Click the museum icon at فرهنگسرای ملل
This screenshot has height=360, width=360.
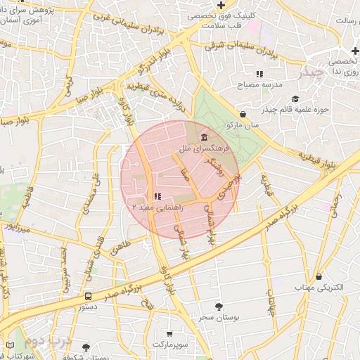[x=204, y=136]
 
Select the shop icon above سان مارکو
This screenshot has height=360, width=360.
[x=243, y=114]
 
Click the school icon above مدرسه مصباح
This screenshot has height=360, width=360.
[x=259, y=73]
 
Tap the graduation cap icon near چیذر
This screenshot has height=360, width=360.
[x=295, y=99]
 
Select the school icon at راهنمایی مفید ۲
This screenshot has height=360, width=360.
[x=157, y=197]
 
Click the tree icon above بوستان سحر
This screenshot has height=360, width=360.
[x=219, y=307]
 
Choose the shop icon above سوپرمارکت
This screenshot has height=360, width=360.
[x=169, y=334]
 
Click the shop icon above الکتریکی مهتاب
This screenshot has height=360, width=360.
[x=320, y=277]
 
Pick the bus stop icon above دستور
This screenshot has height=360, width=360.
[x=89, y=296]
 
